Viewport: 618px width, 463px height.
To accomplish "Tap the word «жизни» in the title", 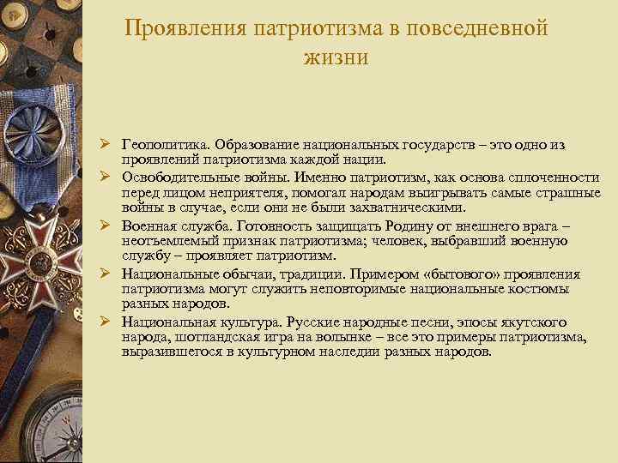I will (336, 57).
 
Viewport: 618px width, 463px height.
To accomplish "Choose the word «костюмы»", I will (553, 289).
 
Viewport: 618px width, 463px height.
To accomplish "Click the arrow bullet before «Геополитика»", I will (104, 145).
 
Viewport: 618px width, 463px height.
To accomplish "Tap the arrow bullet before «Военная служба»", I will (104, 225).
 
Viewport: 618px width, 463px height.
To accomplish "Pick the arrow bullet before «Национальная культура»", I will (104, 322).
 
